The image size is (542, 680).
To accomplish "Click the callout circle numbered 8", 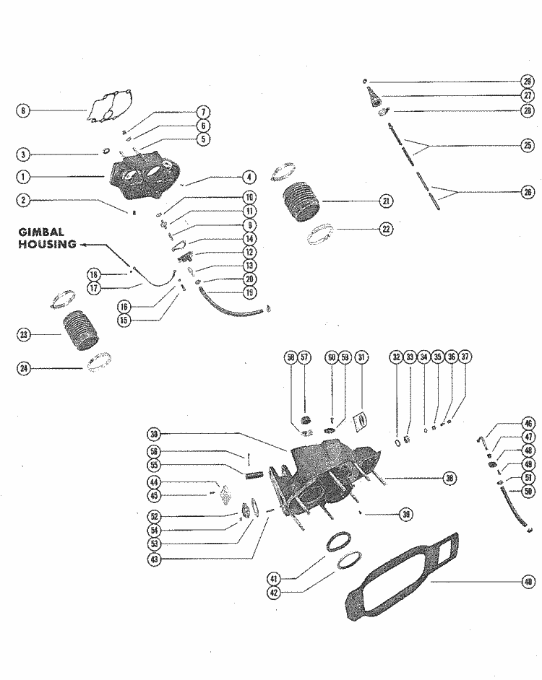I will [x=23, y=110].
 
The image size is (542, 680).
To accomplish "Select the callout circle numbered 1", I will [x=23, y=176].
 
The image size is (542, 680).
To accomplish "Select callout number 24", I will [x=23, y=368].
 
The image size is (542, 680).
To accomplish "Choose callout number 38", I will [x=449, y=477].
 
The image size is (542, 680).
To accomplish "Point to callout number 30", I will [x=153, y=434].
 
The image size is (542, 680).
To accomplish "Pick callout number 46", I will [x=528, y=424].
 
